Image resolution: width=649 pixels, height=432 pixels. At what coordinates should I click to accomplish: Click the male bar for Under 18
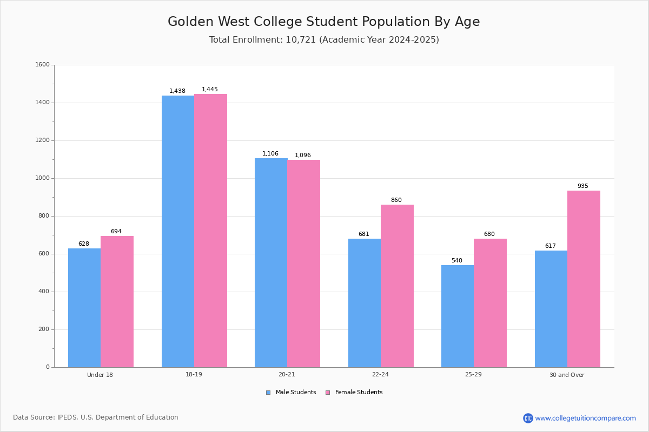coord(84,308)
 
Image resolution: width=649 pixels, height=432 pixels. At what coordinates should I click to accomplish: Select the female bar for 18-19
coord(210,231)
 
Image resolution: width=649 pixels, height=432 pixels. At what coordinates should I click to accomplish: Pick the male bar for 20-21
coord(271,263)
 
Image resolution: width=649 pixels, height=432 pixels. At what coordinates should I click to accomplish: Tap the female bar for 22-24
coord(397,286)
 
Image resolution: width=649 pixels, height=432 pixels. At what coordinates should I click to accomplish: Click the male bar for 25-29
coord(458,316)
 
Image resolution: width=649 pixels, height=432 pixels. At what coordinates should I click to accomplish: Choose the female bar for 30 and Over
coord(584,279)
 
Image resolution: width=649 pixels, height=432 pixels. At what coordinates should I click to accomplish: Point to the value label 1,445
coord(210,90)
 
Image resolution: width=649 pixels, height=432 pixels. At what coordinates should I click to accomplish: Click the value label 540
coord(457,260)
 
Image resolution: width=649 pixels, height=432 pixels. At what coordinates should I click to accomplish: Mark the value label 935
coord(583,186)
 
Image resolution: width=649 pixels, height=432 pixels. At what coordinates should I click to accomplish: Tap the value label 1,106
coord(270,154)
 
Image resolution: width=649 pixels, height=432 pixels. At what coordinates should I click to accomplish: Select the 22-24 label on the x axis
coord(380,374)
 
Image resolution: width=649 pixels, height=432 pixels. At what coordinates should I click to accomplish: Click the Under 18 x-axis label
coord(100,375)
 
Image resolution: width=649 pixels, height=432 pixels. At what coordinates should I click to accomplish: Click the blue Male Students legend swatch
coord(268,393)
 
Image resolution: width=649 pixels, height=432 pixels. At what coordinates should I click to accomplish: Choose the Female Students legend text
coord(359,392)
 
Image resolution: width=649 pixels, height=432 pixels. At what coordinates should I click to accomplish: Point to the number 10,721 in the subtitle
coord(301,39)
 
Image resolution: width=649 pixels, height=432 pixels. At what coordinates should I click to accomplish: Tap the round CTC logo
coord(528,418)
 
